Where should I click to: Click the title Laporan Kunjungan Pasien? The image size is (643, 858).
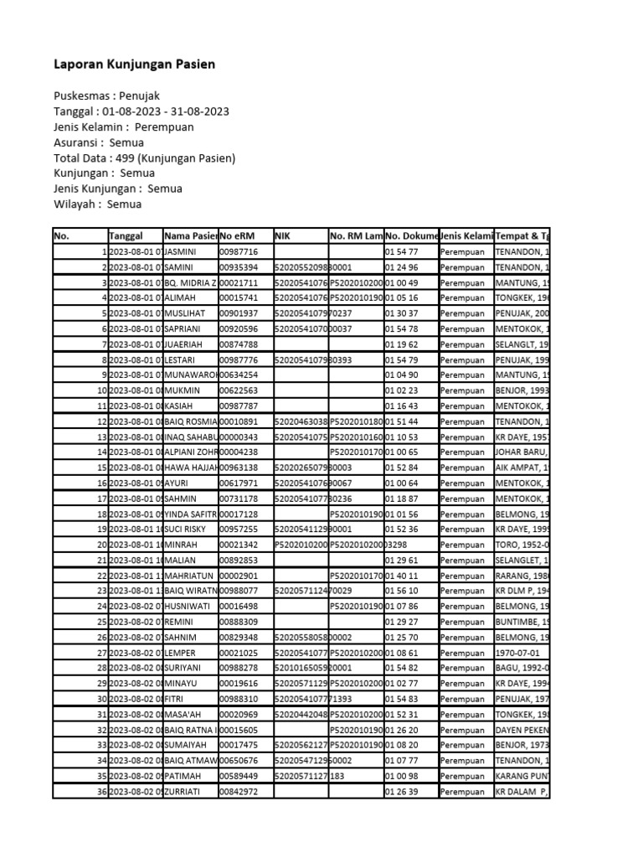coord(135,64)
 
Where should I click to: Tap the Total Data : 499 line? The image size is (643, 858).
coord(144,158)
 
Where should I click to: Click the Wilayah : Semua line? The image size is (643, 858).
coord(98,204)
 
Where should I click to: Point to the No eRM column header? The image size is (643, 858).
coord(238,236)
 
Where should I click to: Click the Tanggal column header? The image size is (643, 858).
coord(126,236)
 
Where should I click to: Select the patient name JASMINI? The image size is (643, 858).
coord(184,251)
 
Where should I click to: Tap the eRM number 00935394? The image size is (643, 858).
coord(239,267)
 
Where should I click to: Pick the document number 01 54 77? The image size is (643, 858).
coord(401,251)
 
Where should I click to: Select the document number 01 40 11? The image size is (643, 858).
coord(401,575)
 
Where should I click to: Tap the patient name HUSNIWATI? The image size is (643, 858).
coord(188,605)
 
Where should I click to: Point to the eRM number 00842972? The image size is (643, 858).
coord(239,790)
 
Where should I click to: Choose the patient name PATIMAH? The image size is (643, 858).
coord(184,775)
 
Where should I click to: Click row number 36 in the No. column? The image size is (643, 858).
coord(102,790)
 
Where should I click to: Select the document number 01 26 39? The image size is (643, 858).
coord(401,790)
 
